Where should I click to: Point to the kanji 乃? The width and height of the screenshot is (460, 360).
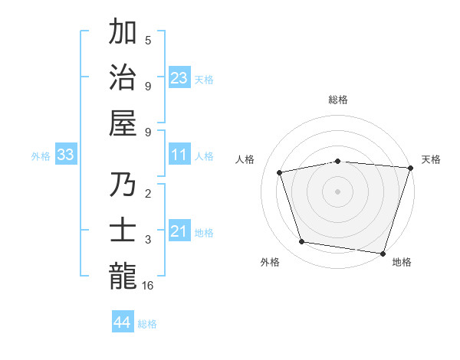coord(123,186)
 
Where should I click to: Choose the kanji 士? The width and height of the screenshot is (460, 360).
coord(123,231)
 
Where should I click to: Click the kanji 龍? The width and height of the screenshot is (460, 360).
coord(123,276)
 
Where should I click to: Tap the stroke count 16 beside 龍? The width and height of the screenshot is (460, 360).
coord(149,285)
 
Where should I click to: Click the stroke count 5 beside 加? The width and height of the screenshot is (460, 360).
coord(148,41)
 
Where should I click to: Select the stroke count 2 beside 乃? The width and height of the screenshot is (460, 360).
coord(148,195)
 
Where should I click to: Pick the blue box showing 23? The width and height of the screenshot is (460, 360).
coord(179,77)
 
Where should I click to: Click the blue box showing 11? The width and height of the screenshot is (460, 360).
coord(179,155)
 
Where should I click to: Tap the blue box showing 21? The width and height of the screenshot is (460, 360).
coord(179,231)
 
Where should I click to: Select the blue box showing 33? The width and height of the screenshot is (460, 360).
coord(66,155)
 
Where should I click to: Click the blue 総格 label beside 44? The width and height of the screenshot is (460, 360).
coord(147,324)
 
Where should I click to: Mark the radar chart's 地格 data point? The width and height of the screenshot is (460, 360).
coord(383,253)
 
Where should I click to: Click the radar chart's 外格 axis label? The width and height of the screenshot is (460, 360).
coord(270,262)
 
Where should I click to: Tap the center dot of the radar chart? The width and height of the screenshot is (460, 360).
coord(337,191)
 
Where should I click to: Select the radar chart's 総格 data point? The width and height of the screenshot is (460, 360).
coord(337,161)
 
